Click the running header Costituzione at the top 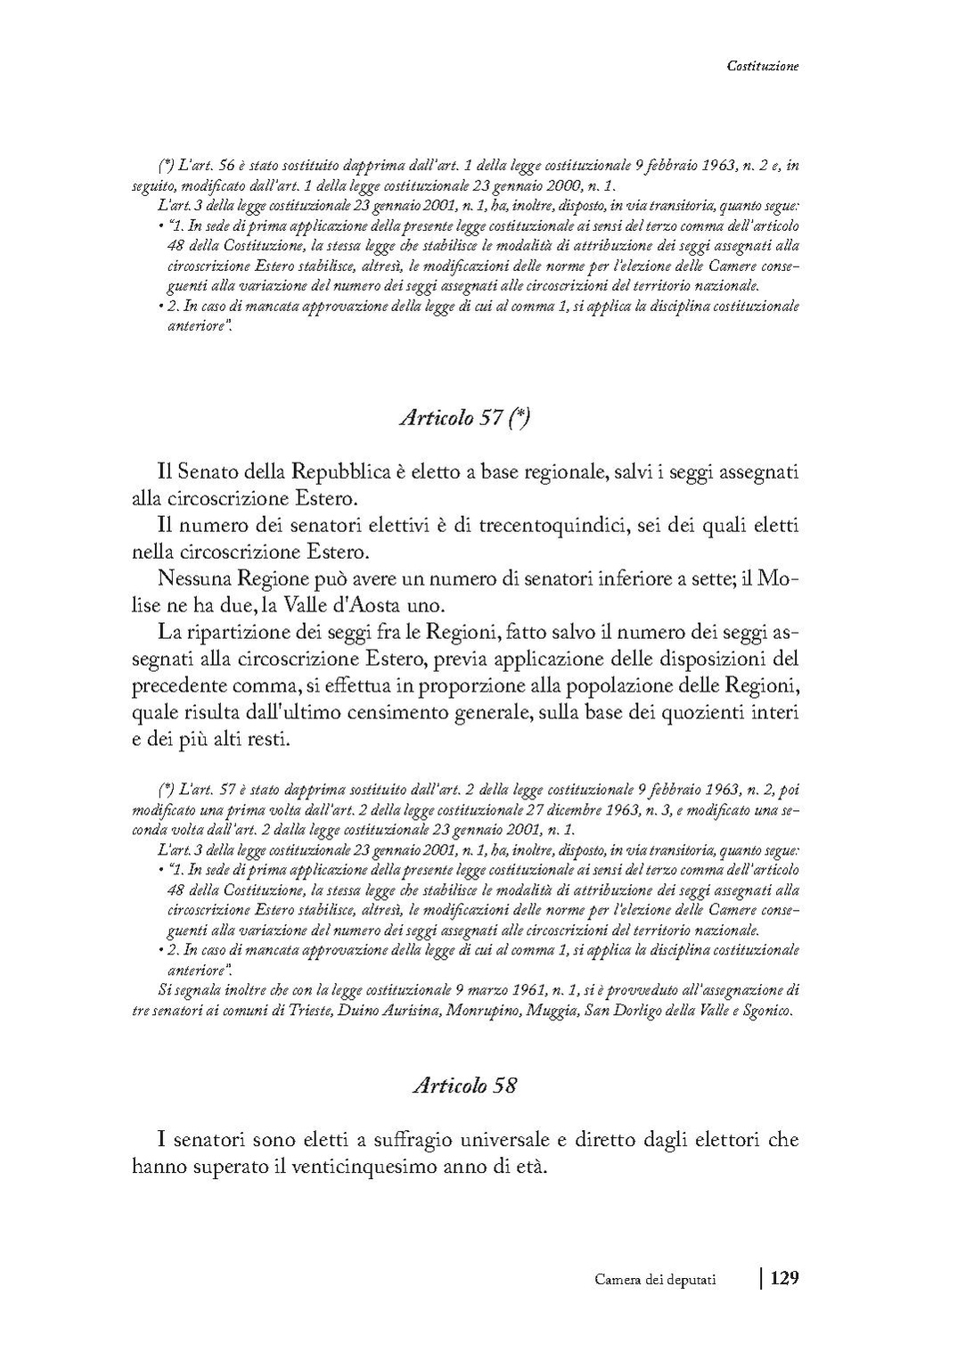point(763,65)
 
